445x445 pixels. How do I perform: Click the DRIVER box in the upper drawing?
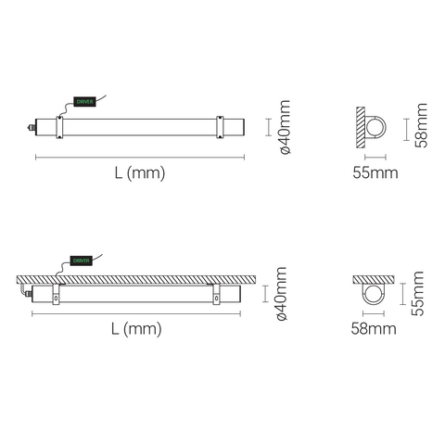[84, 102]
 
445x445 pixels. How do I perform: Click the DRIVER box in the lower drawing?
[82, 261]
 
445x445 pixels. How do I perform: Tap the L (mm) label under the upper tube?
[140, 173]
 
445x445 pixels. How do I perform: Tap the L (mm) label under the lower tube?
[136, 329]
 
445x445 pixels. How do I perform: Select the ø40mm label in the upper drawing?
[284, 127]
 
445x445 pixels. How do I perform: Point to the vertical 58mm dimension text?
[420, 125]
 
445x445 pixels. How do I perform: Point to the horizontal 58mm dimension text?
[374, 328]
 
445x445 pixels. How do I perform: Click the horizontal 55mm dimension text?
[375, 172]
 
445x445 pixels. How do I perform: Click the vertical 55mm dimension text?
[417, 293]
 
